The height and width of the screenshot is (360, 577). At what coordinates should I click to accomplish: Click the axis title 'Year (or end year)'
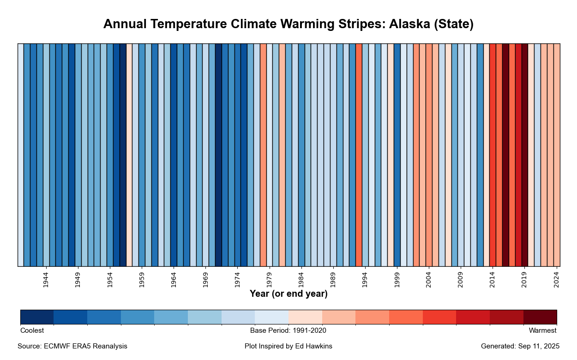click(288, 294)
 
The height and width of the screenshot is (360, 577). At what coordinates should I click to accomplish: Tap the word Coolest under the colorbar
click(32, 330)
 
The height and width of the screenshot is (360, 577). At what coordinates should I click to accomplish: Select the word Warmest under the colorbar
click(542, 330)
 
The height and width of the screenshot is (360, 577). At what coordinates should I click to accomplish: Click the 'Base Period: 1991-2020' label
click(288, 330)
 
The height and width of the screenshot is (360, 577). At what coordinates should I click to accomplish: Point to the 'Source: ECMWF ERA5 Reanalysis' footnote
click(72, 346)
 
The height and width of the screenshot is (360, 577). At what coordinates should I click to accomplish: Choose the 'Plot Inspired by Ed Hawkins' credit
click(288, 346)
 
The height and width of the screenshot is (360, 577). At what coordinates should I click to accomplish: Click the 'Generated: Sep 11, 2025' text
click(520, 346)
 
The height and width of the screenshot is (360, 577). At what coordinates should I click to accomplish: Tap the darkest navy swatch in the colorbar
click(37, 317)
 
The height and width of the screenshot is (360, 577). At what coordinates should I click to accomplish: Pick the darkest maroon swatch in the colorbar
click(540, 317)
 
